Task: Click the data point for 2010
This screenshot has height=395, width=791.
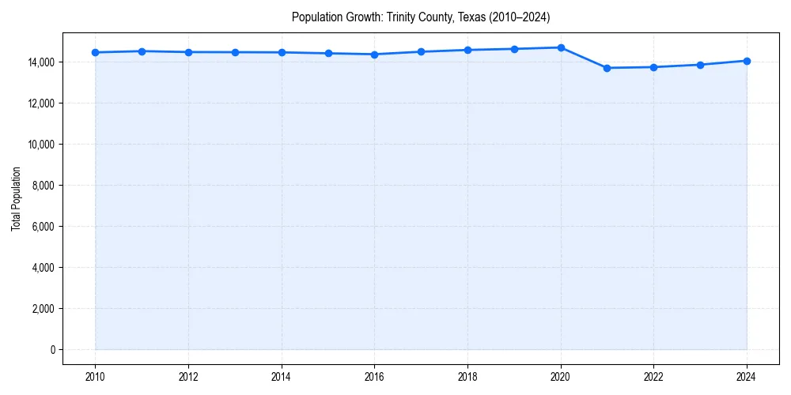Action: coord(95,52)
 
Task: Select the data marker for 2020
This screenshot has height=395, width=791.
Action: coord(561,47)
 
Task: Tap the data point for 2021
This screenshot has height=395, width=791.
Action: coord(607,68)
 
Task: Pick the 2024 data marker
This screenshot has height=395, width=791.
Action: coord(747,61)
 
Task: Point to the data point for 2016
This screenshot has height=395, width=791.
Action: coord(374,55)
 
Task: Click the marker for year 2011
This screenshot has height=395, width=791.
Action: coord(142,51)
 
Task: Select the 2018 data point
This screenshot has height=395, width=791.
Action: coord(467,50)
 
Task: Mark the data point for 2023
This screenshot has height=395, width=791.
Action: coord(700,65)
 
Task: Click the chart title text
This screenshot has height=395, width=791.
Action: coord(420,17)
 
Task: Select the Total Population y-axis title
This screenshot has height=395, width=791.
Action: coord(16,198)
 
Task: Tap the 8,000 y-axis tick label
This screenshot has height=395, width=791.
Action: coord(42,185)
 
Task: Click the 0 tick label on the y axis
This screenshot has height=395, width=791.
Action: coord(52,349)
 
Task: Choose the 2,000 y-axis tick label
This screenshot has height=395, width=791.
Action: coord(42,308)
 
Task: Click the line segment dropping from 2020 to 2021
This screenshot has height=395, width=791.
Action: coord(584,58)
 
